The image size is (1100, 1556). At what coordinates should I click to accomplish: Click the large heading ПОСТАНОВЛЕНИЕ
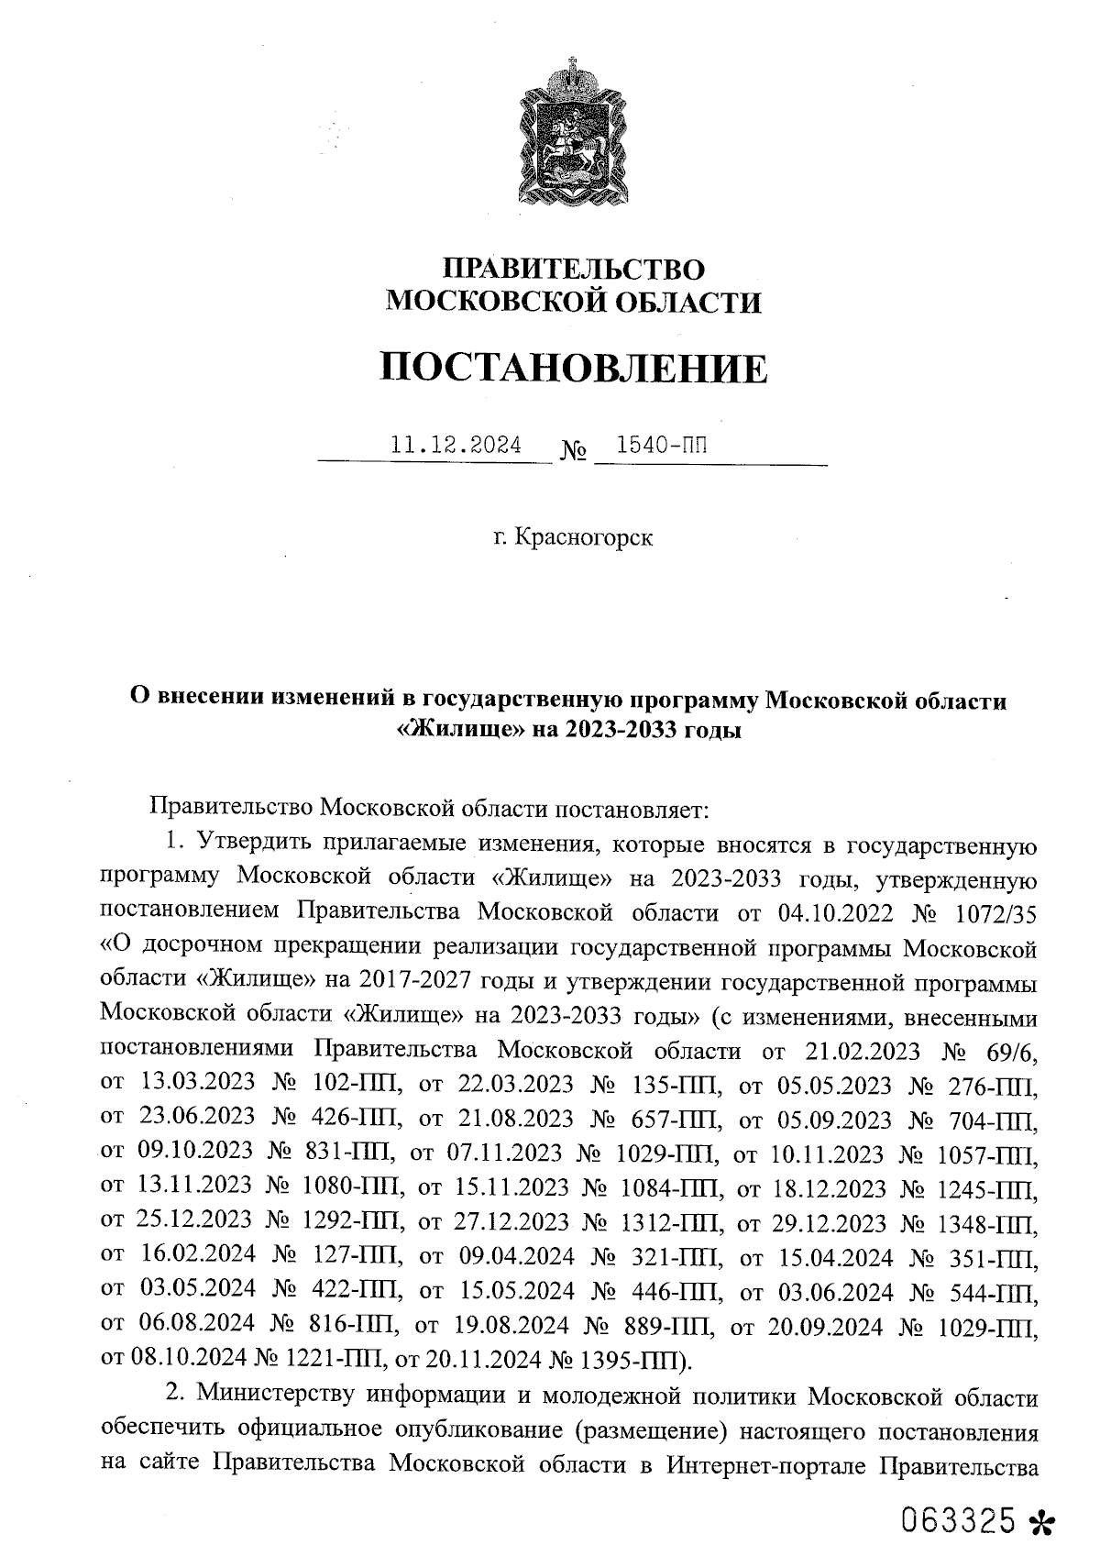574,369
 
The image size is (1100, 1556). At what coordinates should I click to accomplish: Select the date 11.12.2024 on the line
456,446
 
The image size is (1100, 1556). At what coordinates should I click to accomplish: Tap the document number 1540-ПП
663,446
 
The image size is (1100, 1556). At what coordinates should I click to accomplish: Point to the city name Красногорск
584,537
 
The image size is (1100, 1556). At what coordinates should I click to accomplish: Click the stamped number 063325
959,1517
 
